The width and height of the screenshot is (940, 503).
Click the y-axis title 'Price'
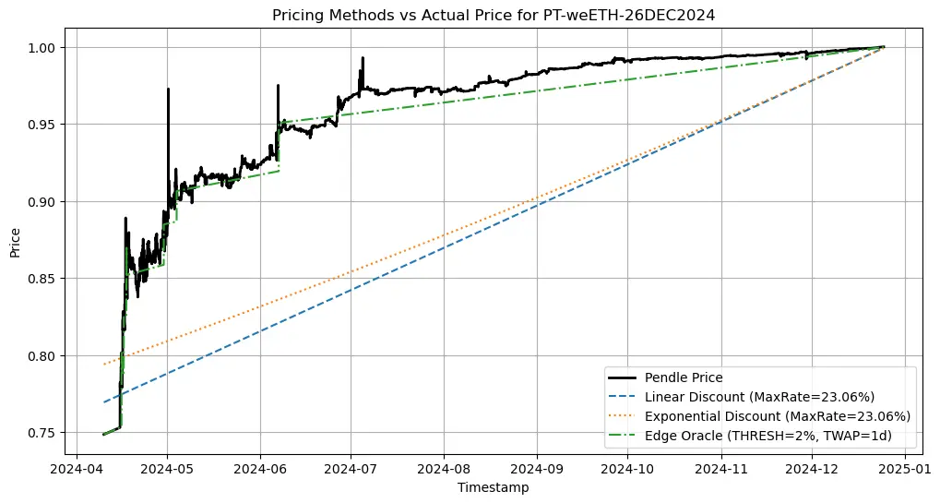[16, 240]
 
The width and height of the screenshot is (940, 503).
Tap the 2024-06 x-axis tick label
[260, 468]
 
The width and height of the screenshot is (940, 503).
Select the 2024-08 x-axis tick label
[444, 468]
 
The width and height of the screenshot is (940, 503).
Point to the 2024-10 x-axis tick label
[628, 468]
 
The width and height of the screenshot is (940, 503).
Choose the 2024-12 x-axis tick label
[812, 468]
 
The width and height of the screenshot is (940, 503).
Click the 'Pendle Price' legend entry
[684, 377]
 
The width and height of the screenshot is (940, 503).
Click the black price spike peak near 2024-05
[168, 90]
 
